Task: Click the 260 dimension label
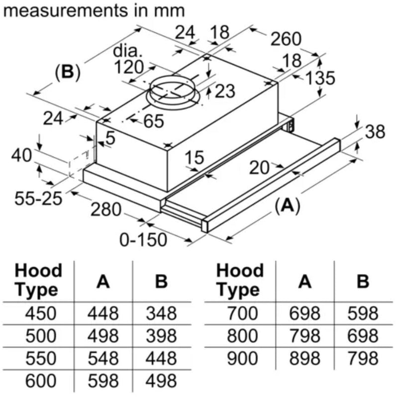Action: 286,39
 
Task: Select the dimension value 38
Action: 375,132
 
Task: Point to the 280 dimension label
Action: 105,210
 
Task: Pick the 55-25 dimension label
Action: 38,199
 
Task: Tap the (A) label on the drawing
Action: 288,205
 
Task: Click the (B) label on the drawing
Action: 67,73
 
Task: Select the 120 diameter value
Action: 128,67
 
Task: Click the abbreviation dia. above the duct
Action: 128,51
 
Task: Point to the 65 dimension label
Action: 153,121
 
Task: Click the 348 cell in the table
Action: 161,313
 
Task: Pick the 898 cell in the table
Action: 306,359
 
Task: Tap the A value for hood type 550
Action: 103,359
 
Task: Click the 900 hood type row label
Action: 241,359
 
